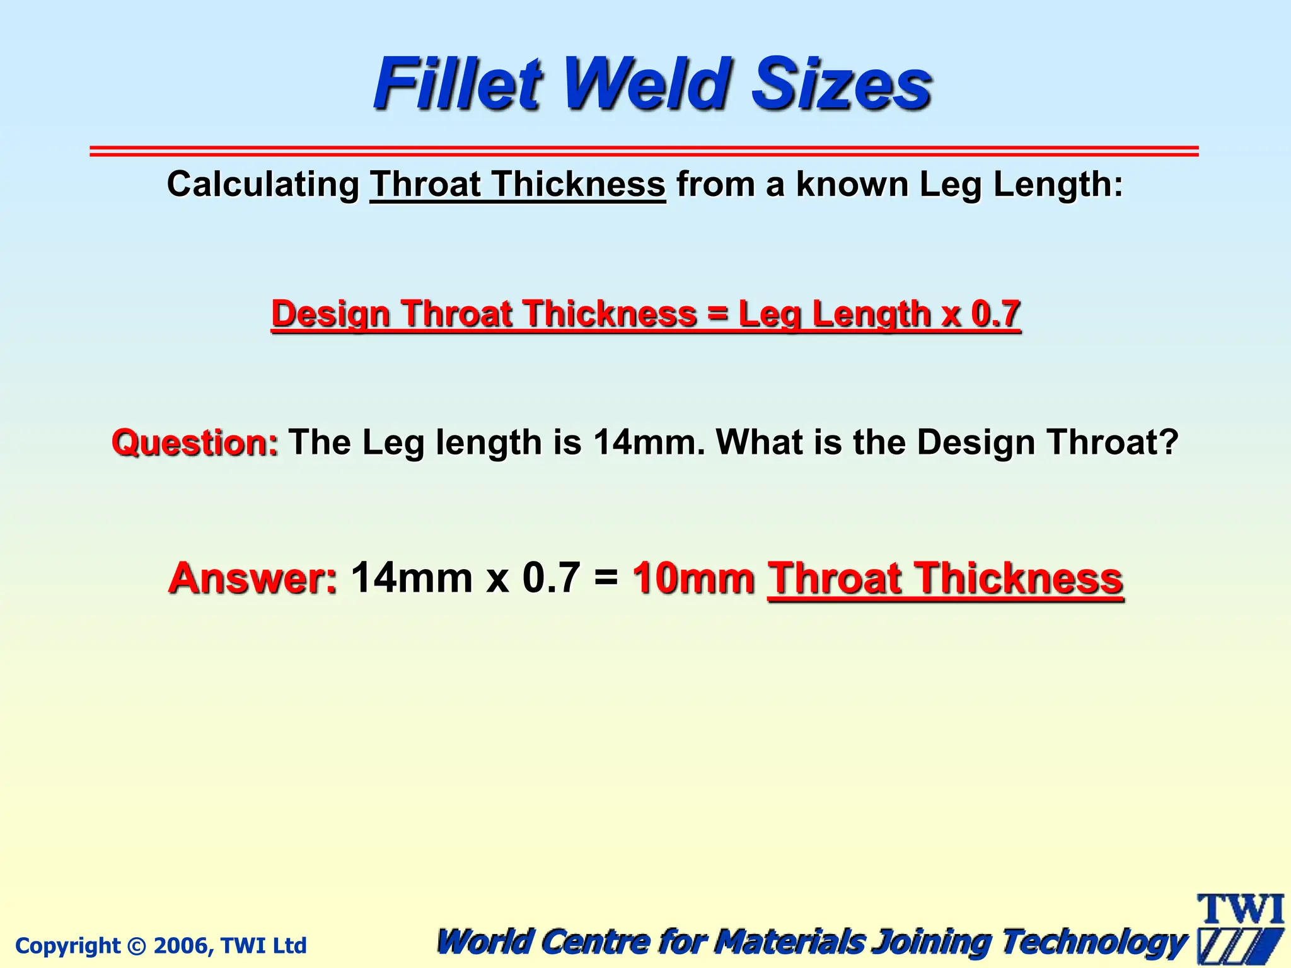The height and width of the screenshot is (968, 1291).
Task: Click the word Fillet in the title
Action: [x=458, y=84]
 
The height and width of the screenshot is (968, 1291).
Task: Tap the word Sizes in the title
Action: [x=842, y=84]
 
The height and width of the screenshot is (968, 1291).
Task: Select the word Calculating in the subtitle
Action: [x=263, y=185]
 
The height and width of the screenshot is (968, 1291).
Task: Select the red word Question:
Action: [x=195, y=442]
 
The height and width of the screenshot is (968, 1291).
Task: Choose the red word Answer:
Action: [x=253, y=578]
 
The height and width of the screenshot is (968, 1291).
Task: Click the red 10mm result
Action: [x=693, y=578]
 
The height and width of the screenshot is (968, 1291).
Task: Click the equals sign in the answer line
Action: [x=606, y=578]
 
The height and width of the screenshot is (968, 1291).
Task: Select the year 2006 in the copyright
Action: [x=178, y=945]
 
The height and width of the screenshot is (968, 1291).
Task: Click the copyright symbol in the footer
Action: [x=136, y=946]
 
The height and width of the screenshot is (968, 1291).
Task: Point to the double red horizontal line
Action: [x=644, y=151]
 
